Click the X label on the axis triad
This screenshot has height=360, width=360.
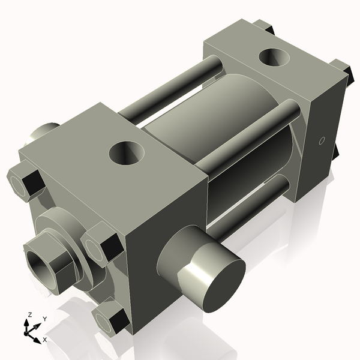45,340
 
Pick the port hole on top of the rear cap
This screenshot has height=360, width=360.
275,59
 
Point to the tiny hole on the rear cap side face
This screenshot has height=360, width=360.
321,141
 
